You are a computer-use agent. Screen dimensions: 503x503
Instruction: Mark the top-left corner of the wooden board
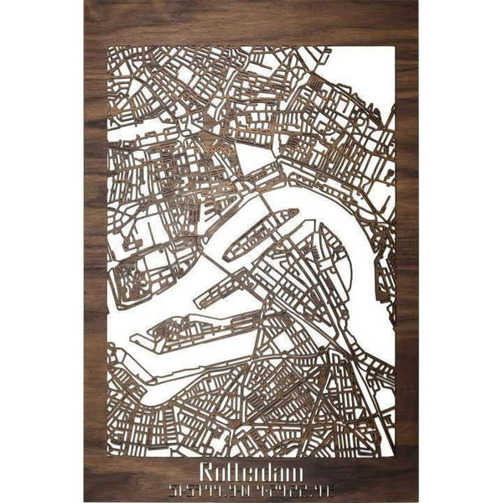[85, 2]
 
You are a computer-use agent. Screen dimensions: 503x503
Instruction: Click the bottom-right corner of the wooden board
[417, 500]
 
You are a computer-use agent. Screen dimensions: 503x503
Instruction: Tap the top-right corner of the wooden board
[417, 2]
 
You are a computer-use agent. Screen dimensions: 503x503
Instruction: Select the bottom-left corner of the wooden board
[85, 500]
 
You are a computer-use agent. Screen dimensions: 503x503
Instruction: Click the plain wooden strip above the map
[251, 23]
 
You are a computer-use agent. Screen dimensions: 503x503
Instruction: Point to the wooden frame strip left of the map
[96, 251]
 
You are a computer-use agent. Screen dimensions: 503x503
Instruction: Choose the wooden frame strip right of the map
[407, 251]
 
